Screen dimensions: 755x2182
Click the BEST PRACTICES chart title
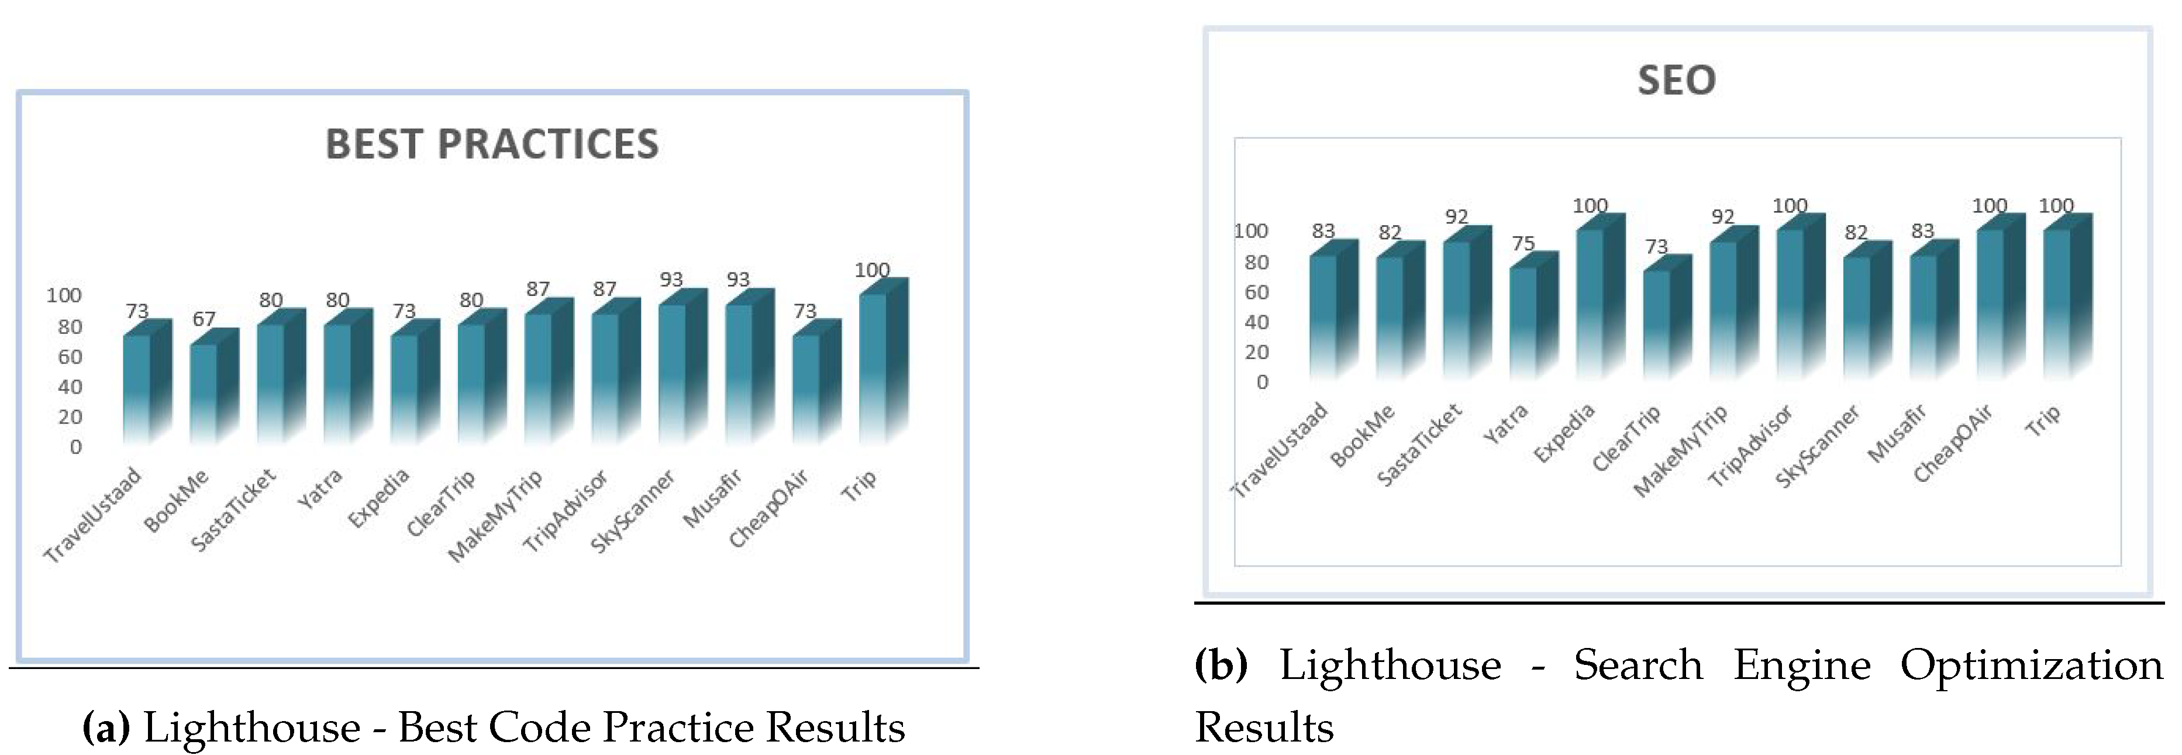pyautogui.click(x=492, y=144)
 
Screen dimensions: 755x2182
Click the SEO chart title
pyautogui.click(x=1676, y=81)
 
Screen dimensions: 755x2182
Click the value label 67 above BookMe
pyautogui.click(x=204, y=319)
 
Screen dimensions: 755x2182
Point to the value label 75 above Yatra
pyautogui.click(x=1523, y=244)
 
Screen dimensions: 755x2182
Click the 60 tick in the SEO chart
pyautogui.click(x=1256, y=292)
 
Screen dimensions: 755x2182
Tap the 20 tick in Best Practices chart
pyautogui.click(x=70, y=417)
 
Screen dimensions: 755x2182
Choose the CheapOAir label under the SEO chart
pyautogui.click(x=1952, y=445)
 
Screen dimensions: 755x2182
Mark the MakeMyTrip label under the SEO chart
pyautogui.click(x=1680, y=451)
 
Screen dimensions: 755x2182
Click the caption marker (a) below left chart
pyautogui.click(x=106, y=727)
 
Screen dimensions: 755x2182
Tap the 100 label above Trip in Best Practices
pyautogui.click(x=871, y=270)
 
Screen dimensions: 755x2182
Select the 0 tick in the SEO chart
pyautogui.click(x=1262, y=382)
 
